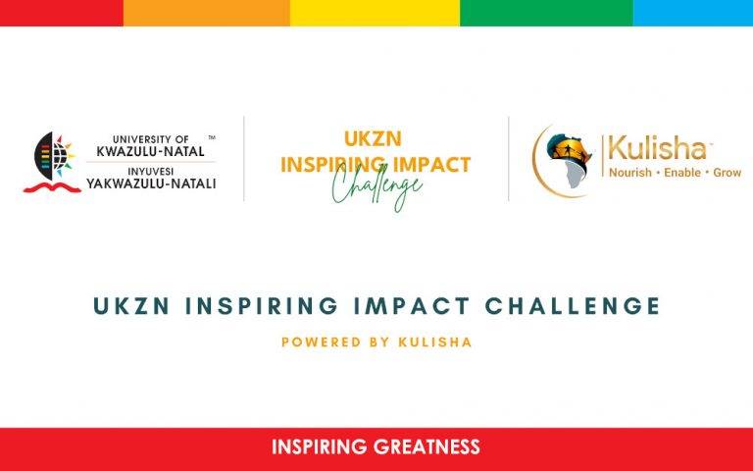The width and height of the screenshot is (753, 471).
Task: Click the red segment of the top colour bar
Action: click(61, 12)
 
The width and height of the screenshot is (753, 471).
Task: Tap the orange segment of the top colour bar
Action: click(206, 12)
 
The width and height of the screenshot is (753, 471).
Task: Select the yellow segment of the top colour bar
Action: click(375, 12)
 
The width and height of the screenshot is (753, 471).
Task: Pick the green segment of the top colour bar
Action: click(545, 12)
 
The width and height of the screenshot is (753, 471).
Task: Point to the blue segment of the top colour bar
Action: click(692, 12)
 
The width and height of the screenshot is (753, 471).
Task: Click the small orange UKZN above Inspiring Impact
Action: click(375, 140)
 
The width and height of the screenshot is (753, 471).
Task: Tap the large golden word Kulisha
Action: click(656, 149)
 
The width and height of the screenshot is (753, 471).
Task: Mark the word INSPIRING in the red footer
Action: click(321, 447)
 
